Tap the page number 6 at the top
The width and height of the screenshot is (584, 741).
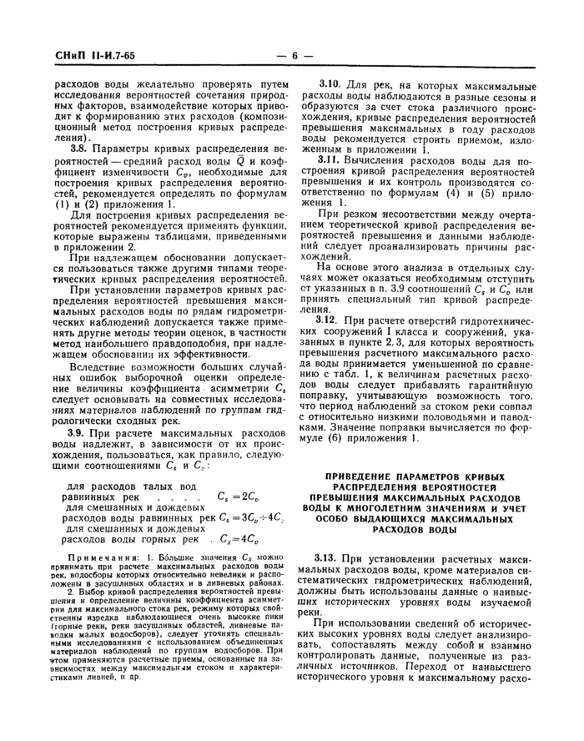click(294, 56)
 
